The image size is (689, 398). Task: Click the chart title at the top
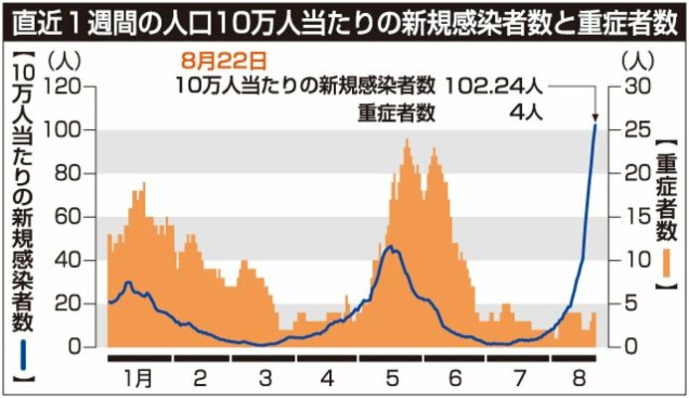[x=344, y=19]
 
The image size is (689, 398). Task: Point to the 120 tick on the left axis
[x=64, y=87]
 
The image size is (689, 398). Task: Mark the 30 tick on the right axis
[x=636, y=87]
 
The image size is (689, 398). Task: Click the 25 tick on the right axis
[x=636, y=130]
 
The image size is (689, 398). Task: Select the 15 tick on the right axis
[x=635, y=217]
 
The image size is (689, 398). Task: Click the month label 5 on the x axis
[x=393, y=378]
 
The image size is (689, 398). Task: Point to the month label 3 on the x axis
[x=264, y=378]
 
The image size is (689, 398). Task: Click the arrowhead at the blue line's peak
[x=595, y=120]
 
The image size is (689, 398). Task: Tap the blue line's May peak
[x=394, y=247]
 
